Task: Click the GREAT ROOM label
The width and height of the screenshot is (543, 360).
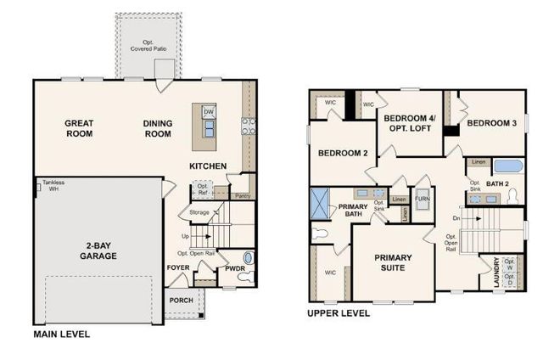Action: [x=79, y=128]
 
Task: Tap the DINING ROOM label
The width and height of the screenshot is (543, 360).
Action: [x=158, y=128]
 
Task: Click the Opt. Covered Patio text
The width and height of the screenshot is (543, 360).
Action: [x=148, y=45]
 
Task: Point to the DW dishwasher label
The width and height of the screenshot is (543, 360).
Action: [x=209, y=112]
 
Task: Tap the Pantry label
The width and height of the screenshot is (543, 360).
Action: [x=243, y=196]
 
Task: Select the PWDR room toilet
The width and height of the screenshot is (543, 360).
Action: [x=248, y=258]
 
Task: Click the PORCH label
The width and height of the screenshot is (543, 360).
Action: [x=180, y=299]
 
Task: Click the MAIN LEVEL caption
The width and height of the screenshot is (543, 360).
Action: [x=62, y=335]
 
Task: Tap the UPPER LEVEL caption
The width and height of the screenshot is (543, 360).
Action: [x=339, y=313]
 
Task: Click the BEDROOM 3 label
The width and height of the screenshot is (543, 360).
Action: [x=491, y=123]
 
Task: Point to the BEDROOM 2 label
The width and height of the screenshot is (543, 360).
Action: [x=342, y=154]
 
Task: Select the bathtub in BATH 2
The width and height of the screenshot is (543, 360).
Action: [x=512, y=166]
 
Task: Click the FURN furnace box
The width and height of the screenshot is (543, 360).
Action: [x=422, y=200]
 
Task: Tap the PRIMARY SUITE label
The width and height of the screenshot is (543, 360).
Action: [x=393, y=262]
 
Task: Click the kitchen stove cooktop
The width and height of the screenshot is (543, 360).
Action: [x=249, y=127]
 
